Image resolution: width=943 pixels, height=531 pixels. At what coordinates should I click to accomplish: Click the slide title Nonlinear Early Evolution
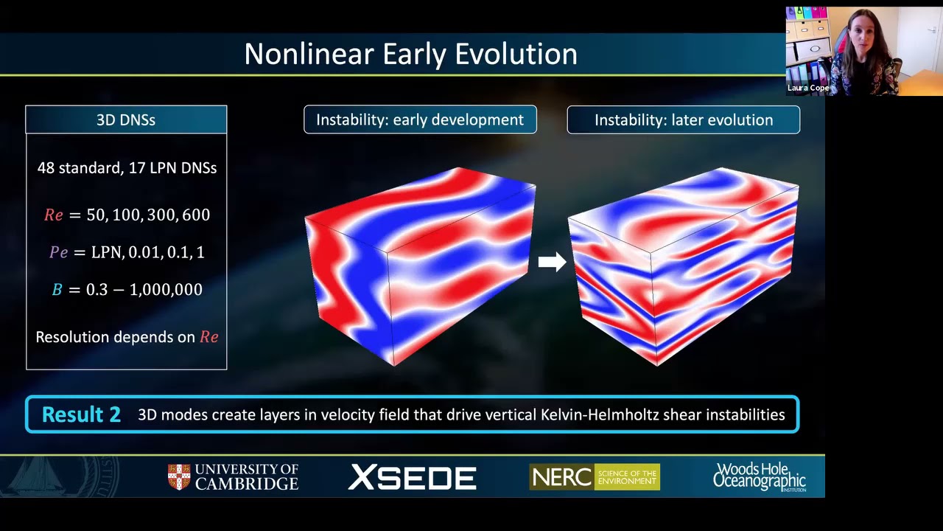pyautogui.click(x=410, y=54)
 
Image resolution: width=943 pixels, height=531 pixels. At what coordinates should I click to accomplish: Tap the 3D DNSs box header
pyautogui.click(x=126, y=119)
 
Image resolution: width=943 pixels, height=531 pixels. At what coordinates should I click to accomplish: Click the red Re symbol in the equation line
pyautogui.click(x=54, y=215)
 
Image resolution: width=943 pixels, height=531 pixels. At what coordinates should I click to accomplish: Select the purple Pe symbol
pyautogui.click(x=58, y=252)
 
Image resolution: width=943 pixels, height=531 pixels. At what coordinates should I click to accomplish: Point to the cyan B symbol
pyautogui.click(x=57, y=290)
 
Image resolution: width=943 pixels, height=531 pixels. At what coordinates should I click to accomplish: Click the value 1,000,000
pyautogui.click(x=166, y=290)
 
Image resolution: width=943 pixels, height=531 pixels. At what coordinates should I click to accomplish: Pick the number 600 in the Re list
pyautogui.click(x=196, y=215)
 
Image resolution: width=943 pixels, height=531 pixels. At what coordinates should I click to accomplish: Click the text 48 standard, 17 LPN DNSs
pyautogui.click(x=127, y=167)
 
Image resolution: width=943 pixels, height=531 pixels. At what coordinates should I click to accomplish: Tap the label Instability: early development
pyautogui.click(x=420, y=119)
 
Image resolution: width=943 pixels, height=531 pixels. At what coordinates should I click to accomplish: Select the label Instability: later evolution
pyautogui.click(x=684, y=120)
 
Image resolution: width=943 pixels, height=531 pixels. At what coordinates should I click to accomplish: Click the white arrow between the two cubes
pyautogui.click(x=553, y=262)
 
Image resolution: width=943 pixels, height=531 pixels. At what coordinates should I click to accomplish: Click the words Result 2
pyautogui.click(x=81, y=414)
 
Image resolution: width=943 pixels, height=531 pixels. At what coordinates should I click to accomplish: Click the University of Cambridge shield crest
pyautogui.click(x=179, y=477)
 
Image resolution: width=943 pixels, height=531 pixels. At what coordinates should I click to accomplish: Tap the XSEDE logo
pyautogui.click(x=412, y=477)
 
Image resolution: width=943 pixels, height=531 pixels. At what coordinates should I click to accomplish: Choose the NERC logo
pyautogui.click(x=595, y=476)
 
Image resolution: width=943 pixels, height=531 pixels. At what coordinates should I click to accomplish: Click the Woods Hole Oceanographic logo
pyautogui.click(x=760, y=477)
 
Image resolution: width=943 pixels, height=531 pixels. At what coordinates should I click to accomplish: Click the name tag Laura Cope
pyautogui.click(x=808, y=88)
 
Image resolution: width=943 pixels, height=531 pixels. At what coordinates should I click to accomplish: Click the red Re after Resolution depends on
pyautogui.click(x=208, y=337)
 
